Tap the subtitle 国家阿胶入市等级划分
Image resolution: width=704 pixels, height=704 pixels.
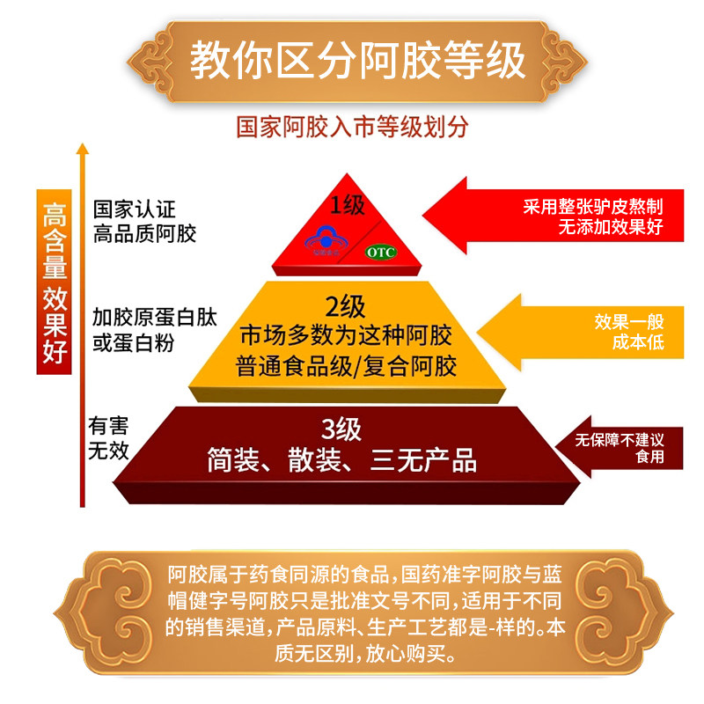point(352,126)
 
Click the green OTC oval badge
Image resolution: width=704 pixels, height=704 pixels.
point(381,253)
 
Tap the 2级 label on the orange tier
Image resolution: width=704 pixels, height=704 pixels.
point(345,307)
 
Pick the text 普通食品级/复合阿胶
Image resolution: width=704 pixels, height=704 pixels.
point(346,365)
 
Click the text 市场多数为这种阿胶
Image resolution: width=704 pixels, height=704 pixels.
point(346,336)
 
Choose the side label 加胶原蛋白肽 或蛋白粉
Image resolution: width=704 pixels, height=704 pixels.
point(146,329)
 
